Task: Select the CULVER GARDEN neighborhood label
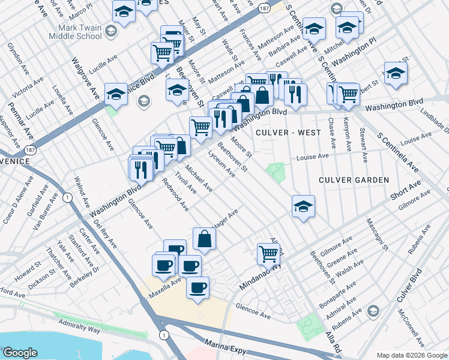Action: [354, 180]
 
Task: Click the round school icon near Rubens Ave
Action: [373, 310]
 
